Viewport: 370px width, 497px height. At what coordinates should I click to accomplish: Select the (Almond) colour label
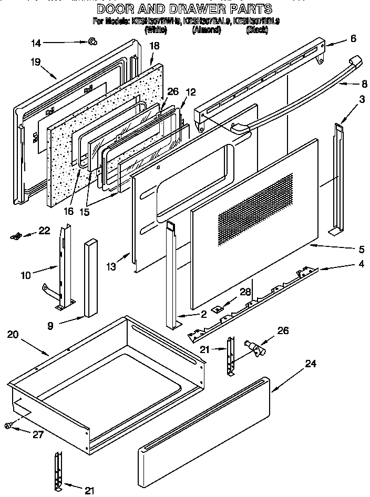tap(206, 30)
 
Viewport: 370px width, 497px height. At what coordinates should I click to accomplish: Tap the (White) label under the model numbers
tap(155, 30)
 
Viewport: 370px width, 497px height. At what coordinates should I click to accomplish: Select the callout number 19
tap(36, 61)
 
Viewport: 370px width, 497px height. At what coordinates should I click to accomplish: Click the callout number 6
tap(353, 38)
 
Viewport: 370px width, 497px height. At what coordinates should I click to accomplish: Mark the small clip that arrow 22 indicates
tap(16, 236)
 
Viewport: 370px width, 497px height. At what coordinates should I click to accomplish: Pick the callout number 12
tap(190, 92)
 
